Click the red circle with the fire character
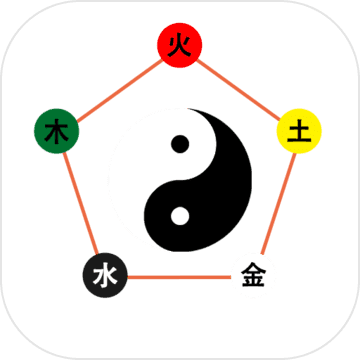(179, 45)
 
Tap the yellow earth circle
(297, 131)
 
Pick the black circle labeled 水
(102, 274)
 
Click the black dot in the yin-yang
(180, 145)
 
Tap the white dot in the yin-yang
(180, 214)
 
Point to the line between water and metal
(177, 275)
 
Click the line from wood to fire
(117, 88)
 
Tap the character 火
(179, 45)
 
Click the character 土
(297, 131)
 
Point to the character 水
(102, 274)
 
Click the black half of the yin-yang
(215, 200)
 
